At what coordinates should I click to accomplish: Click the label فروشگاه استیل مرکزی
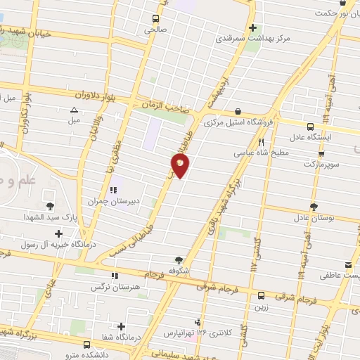pyautogui.click(x=237, y=122)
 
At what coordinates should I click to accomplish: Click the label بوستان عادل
pyautogui.click(x=314, y=218)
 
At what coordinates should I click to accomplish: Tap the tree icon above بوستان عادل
pyautogui.click(x=314, y=207)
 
